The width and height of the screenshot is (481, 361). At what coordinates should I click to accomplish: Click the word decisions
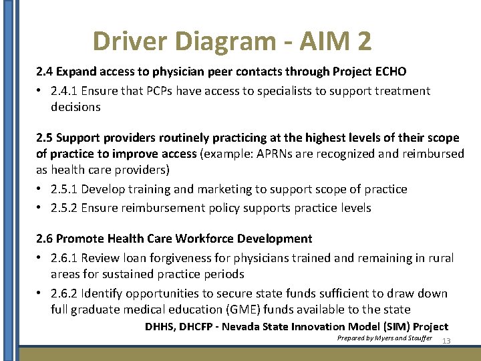[75, 107]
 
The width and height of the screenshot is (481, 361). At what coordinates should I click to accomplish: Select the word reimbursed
[434, 154]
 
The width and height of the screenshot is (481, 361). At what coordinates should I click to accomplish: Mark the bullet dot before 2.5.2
[40, 208]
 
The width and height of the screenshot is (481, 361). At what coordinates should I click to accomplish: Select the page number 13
[446, 341]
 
